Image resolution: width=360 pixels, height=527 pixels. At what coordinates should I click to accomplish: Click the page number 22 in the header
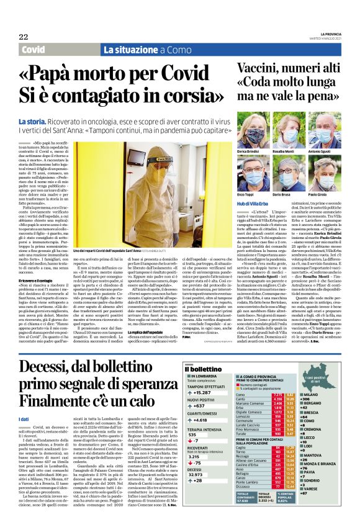click(x=24, y=37)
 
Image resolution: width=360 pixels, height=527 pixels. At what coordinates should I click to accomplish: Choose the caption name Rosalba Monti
click(x=282, y=152)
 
